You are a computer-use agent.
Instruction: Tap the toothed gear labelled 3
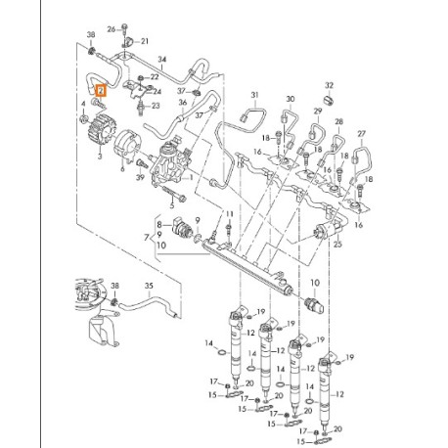(103, 128)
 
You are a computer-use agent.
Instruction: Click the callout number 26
(111, 29)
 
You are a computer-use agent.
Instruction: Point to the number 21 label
(144, 41)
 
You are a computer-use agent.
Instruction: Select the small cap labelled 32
(329, 101)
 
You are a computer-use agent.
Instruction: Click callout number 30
(290, 100)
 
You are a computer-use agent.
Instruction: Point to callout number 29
(316, 112)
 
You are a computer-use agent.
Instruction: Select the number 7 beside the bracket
(148, 237)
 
